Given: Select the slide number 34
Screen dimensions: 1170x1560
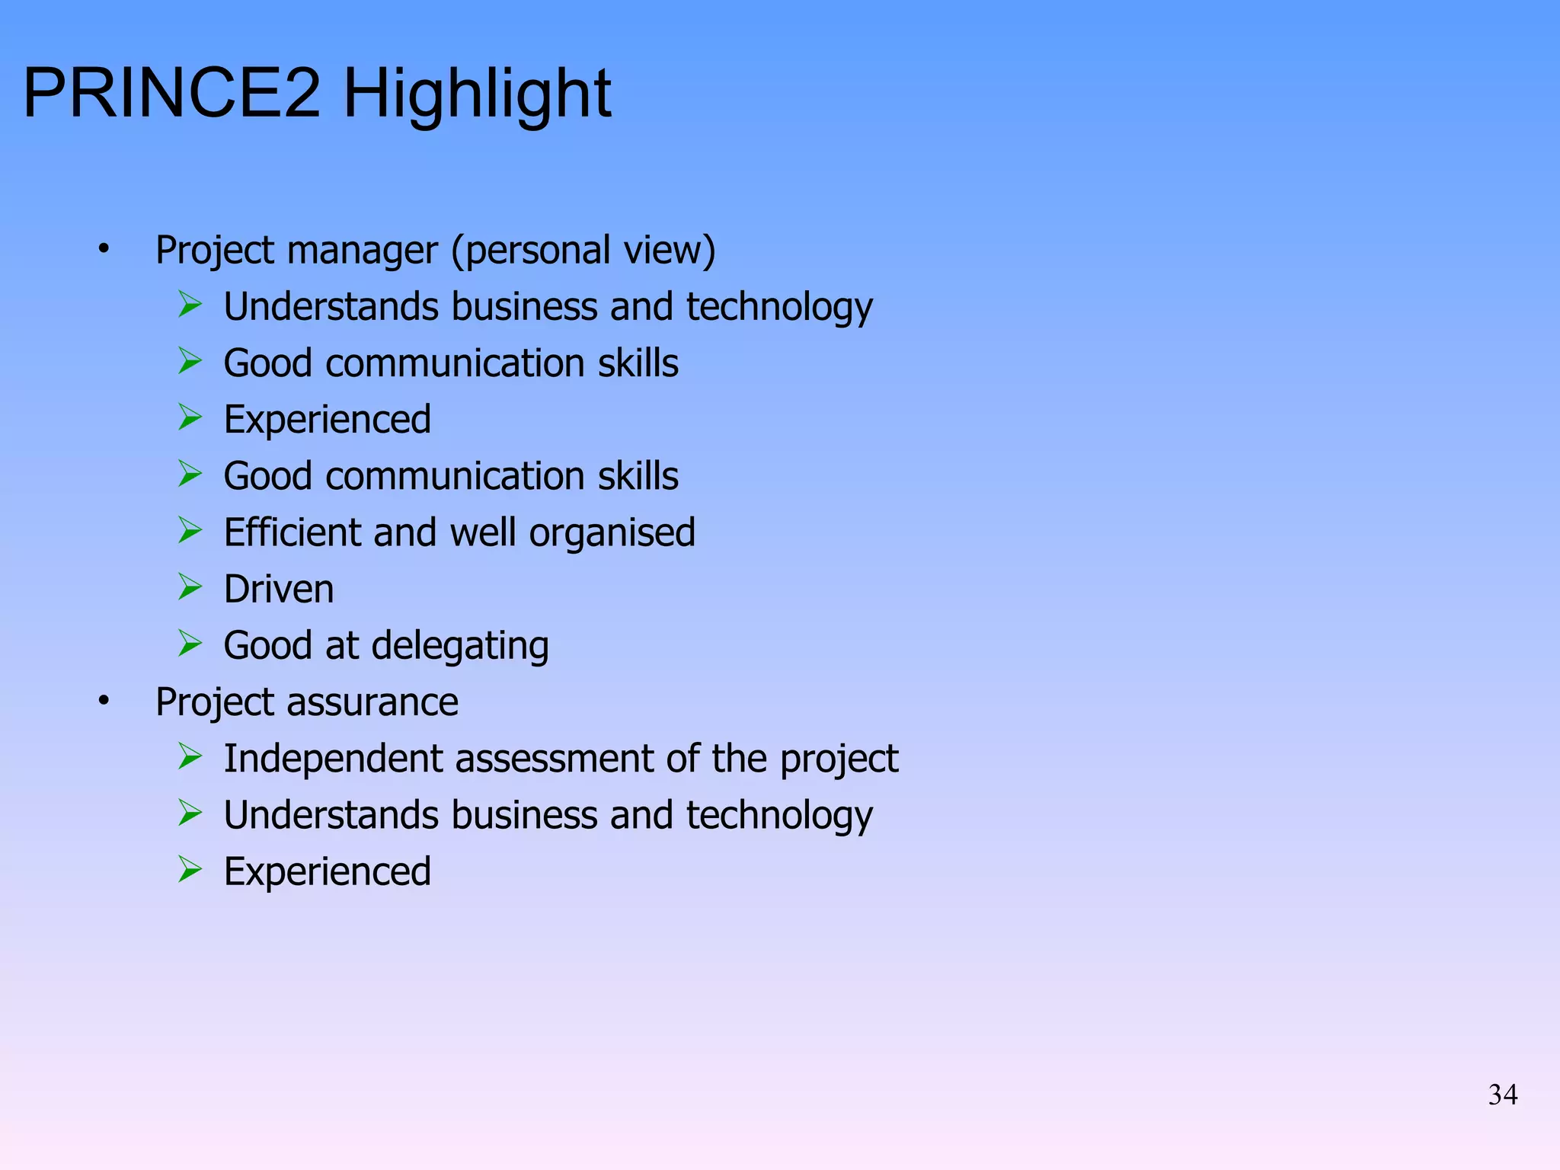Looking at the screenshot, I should coord(1502,1095).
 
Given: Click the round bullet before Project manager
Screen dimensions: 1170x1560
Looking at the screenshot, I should coord(104,249).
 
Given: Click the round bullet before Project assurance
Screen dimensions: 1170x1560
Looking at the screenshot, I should coord(104,701).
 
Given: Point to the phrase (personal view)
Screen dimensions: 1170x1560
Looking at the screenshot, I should coord(583,250).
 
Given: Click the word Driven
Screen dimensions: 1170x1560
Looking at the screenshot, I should coord(279,589).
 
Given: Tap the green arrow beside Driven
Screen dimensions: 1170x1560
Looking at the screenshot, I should coord(190,587).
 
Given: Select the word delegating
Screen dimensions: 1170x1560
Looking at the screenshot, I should coord(460,646).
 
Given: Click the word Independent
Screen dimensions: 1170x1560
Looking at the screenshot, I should coord(333,759).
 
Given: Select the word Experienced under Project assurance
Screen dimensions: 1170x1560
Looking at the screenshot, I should coord(327,871).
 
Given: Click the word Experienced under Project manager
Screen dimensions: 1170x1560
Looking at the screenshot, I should coord(327,419).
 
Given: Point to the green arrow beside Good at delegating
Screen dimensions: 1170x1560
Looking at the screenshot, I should coord(190,643).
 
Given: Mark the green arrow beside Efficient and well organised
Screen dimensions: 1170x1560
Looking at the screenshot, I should coord(190,530).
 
